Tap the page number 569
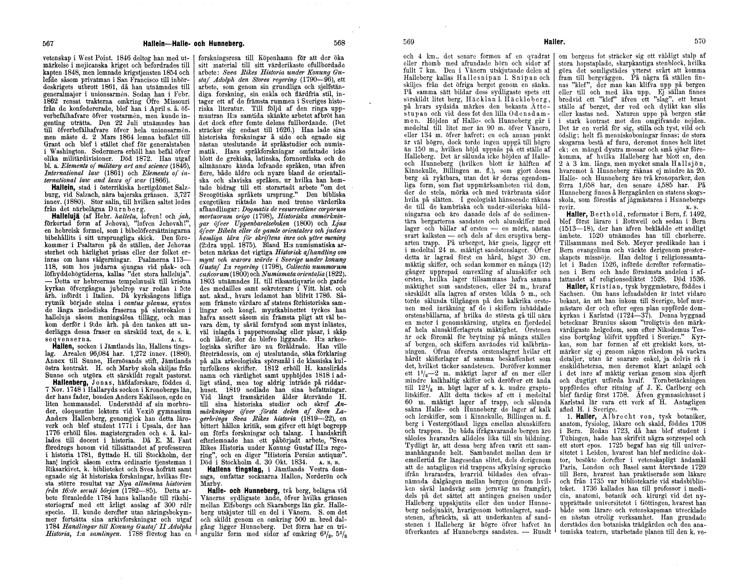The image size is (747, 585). (x=408, y=42)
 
